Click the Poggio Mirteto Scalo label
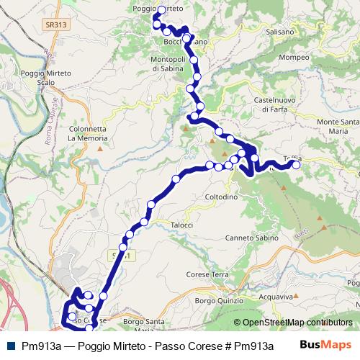pyautogui.click(x=44, y=78)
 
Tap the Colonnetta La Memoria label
pyautogui.click(x=87, y=132)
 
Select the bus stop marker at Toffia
pyautogui.click(x=295, y=164)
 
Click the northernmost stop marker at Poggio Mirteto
pyautogui.click(x=161, y=10)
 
